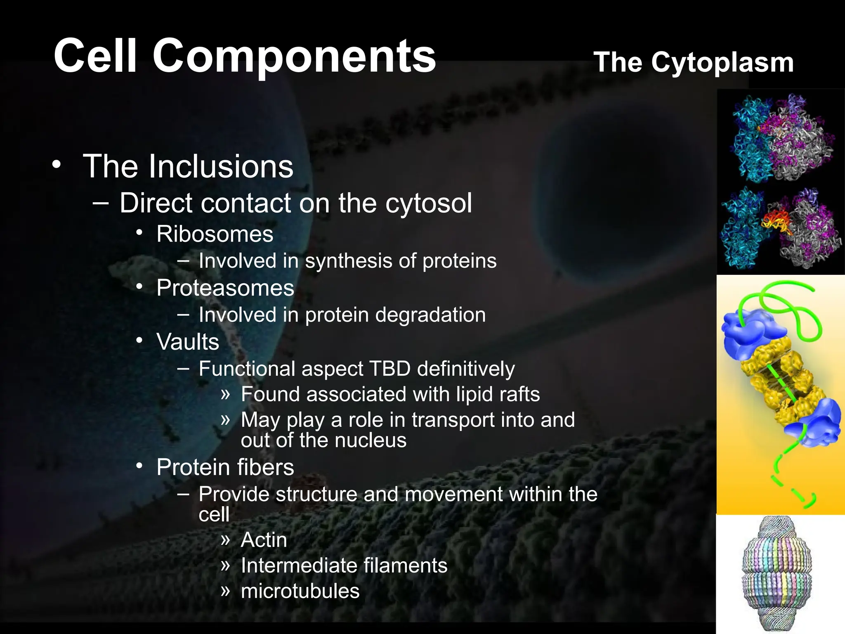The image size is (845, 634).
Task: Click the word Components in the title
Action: (294, 57)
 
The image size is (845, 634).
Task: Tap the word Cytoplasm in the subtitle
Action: (722, 63)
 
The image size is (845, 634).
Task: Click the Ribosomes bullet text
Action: (215, 234)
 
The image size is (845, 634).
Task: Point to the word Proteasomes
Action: (225, 288)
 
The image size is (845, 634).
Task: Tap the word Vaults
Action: (188, 342)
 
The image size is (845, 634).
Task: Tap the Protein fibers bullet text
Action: (225, 468)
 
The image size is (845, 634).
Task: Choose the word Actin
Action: (264, 540)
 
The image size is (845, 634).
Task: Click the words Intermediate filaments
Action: (344, 565)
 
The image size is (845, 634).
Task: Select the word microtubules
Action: (300, 591)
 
